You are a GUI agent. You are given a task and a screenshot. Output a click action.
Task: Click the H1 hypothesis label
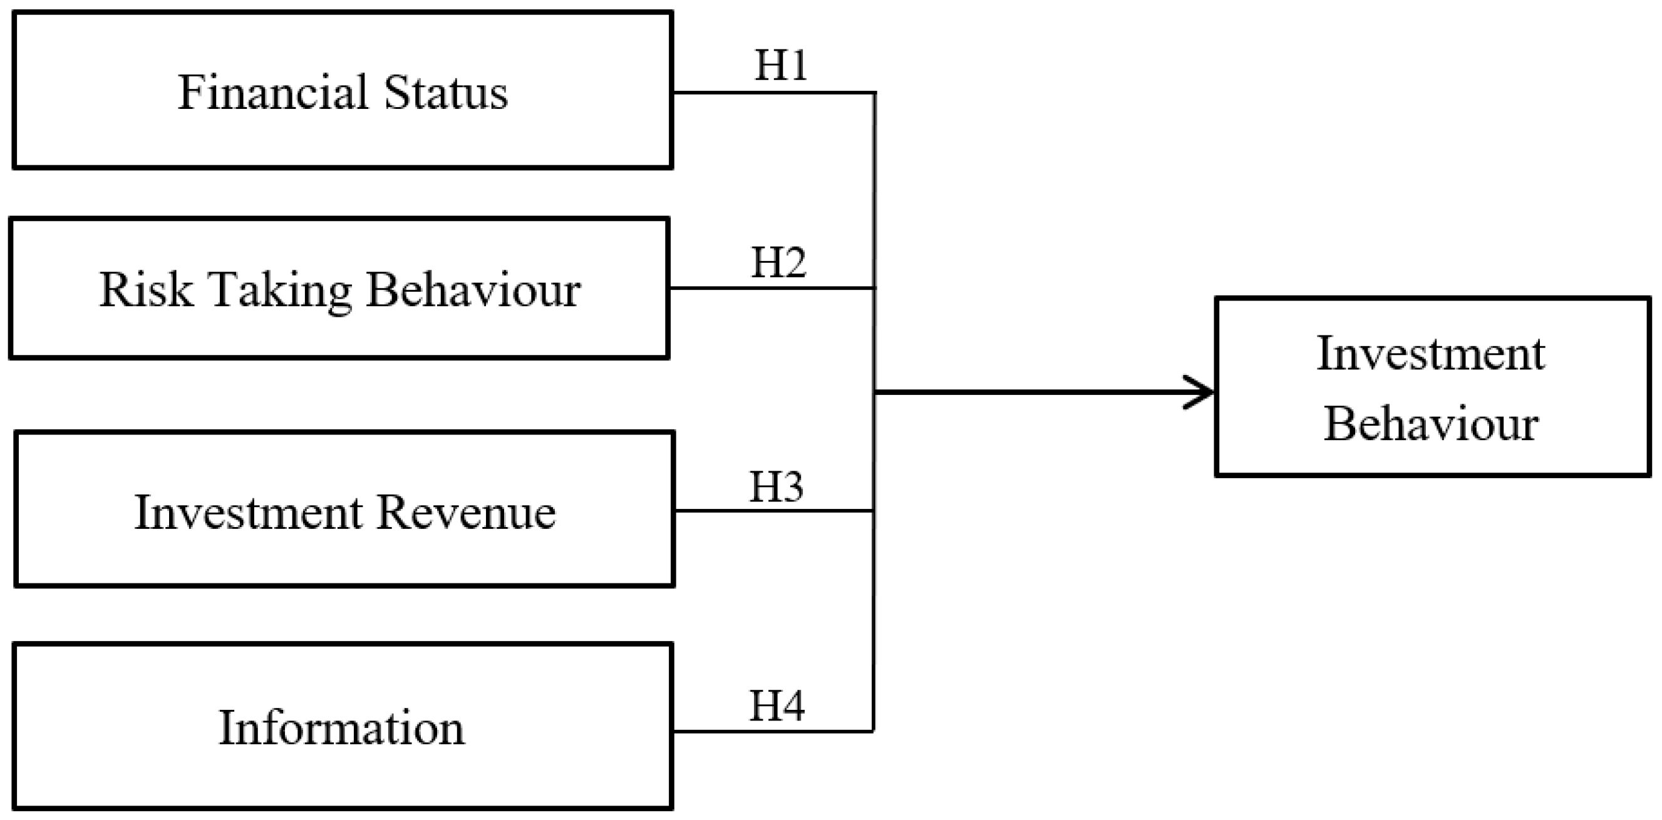point(781,65)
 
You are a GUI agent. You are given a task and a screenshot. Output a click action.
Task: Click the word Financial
point(273,92)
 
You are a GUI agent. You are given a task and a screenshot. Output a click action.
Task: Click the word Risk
point(146,290)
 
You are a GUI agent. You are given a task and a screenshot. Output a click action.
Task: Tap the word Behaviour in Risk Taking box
point(473,290)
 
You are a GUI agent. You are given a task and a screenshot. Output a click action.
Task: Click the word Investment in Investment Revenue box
point(249,513)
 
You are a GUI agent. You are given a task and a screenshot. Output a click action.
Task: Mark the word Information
point(341,729)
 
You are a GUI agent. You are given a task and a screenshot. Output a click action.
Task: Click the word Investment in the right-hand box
point(1430,354)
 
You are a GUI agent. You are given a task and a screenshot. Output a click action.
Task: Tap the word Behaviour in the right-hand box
point(1430,424)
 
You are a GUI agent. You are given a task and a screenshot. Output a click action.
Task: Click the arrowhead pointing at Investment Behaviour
point(1201,392)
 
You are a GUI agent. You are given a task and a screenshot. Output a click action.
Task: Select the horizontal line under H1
point(774,93)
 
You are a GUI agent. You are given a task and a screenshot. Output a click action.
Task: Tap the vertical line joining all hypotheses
point(874,581)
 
